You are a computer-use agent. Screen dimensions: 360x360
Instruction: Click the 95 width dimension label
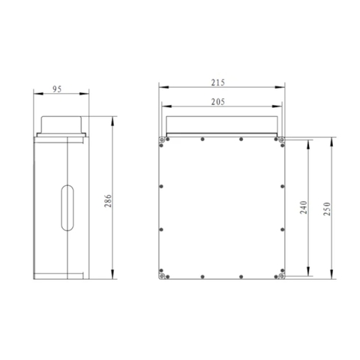click(57, 89)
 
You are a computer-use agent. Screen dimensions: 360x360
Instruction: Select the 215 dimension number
click(218, 82)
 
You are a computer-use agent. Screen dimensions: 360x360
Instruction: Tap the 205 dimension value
click(218, 102)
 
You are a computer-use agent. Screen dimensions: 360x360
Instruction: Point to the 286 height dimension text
click(108, 200)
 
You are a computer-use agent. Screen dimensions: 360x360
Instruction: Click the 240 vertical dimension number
click(304, 207)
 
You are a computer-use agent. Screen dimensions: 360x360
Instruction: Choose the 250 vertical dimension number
click(327, 208)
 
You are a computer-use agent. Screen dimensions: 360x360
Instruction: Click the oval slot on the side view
click(67, 208)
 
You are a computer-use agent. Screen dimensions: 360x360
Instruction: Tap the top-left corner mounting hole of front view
click(162, 139)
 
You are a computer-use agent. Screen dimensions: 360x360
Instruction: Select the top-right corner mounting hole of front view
click(282, 139)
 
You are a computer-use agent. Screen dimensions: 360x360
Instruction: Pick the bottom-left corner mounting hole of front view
click(162, 276)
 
